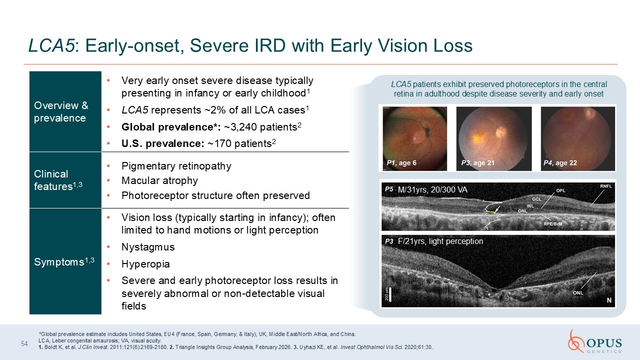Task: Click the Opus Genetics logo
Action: click(595, 341)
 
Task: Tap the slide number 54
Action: click(24, 343)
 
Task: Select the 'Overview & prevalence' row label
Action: click(61, 111)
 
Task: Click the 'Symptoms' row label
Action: click(64, 261)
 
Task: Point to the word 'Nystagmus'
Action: click(148, 247)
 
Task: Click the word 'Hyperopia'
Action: click(145, 264)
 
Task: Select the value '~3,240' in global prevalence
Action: click(240, 127)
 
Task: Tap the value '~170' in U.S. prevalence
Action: click(219, 143)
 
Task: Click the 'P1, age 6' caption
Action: click(401, 163)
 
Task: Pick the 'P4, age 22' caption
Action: click(560, 163)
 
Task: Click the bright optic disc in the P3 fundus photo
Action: click(500, 132)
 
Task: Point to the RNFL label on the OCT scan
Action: click(605, 186)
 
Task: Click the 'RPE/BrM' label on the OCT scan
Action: click(552, 224)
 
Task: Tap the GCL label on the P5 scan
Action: click(536, 199)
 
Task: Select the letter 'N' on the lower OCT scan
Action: click(609, 300)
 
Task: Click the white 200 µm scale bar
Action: click(390, 294)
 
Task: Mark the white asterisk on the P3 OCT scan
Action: click(489, 294)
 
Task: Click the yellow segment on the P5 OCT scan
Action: click(491, 212)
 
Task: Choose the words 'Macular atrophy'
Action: click(159, 180)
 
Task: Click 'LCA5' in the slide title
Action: click(51, 45)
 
